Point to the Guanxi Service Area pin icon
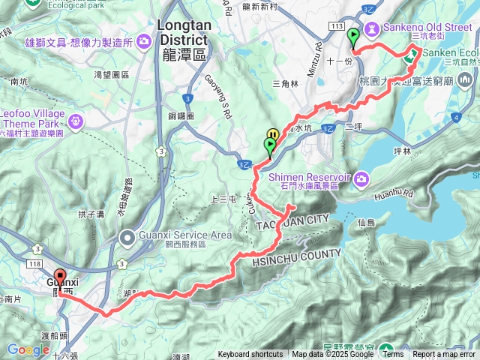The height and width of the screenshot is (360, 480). point(127,238)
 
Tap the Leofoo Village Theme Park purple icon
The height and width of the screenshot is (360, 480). point(76,119)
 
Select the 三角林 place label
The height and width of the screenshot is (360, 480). point(286,82)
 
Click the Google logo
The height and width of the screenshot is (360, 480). point(28,349)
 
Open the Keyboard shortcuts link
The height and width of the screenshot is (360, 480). point(250,354)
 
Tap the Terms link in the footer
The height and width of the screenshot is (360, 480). point(392,354)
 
